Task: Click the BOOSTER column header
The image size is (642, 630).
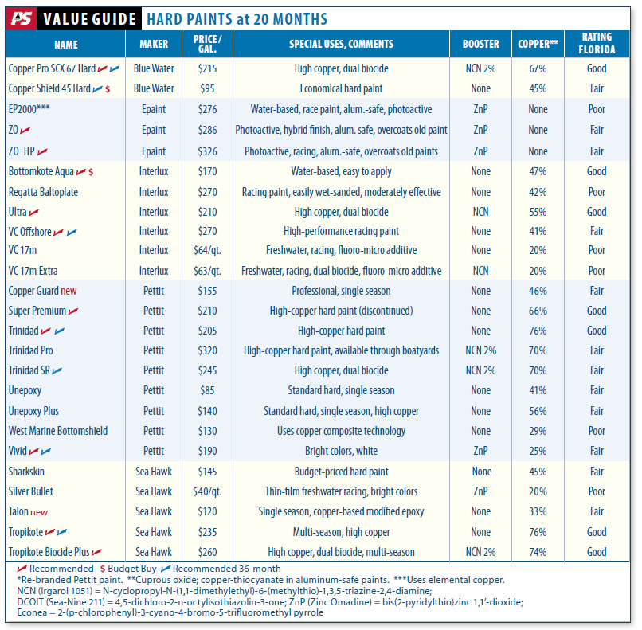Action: tap(480, 45)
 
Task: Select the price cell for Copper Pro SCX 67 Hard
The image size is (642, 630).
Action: tap(208, 69)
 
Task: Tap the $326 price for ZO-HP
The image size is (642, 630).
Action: tap(208, 151)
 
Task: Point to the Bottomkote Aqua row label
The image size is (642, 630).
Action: tap(41, 171)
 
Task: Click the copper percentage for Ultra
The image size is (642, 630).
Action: tap(538, 212)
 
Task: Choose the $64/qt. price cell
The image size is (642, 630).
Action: tap(208, 251)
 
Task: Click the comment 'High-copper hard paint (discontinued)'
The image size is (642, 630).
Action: tap(341, 311)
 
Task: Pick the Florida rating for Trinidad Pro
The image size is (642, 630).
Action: tap(597, 350)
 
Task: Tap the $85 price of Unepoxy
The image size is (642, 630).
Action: tap(208, 391)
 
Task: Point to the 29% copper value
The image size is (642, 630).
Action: tap(538, 431)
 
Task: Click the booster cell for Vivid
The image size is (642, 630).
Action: tap(480, 451)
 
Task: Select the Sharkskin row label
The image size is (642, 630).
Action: tap(27, 472)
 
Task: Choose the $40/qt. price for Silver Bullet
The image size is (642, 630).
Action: tap(208, 491)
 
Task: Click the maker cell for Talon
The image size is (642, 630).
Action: tap(153, 511)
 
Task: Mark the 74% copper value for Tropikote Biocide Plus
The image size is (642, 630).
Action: tap(538, 552)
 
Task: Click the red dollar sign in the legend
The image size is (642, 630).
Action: tap(102, 569)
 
